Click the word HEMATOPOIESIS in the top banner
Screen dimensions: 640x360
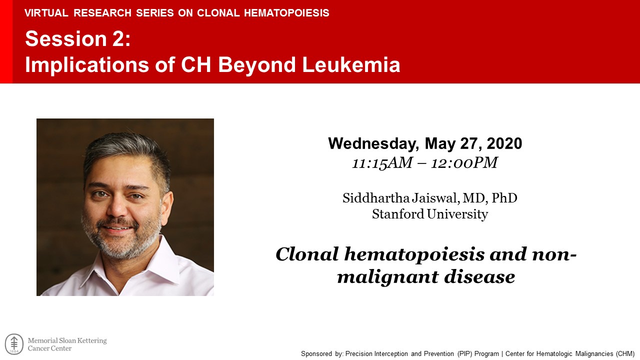(x=286, y=13)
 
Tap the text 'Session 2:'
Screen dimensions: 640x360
(x=77, y=38)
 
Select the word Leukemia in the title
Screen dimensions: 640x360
(x=351, y=64)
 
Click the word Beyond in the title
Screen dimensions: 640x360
(x=257, y=65)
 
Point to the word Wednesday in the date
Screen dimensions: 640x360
(x=373, y=143)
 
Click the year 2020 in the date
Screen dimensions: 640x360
(x=504, y=143)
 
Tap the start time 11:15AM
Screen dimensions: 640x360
(x=382, y=163)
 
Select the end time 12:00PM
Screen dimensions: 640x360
(x=464, y=163)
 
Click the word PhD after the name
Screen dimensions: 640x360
(x=504, y=198)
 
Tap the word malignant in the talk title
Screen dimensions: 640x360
(x=387, y=277)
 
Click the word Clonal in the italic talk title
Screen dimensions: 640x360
(x=307, y=254)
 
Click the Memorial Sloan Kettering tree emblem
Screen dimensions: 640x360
(x=14, y=344)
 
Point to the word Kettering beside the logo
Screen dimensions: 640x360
(x=92, y=341)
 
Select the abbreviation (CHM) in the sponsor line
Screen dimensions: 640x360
(x=624, y=353)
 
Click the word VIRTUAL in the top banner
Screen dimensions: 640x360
(x=46, y=13)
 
